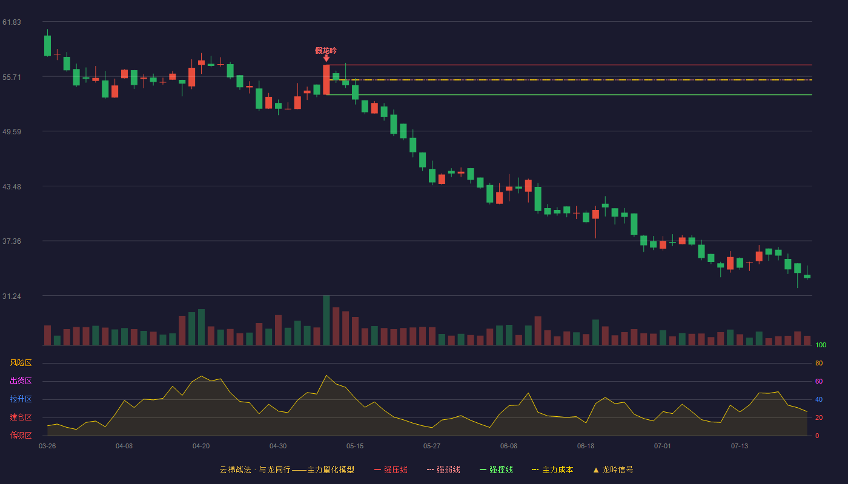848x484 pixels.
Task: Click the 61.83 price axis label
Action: point(12,22)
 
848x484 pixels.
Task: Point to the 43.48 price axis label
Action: point(12,187)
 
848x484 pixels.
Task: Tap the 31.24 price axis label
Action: point(12,296)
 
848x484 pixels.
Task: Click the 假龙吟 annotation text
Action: point(326,51)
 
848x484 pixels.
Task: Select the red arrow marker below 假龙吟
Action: point(326,59)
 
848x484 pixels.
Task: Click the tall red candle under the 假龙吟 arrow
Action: point(326,80)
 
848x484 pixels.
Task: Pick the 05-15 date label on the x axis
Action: point(355,446)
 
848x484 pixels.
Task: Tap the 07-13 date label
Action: point(740,446)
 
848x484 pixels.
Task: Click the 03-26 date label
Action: point(47,446)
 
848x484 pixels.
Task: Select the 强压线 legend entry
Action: point(391,469)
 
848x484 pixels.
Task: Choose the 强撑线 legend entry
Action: point(496,469)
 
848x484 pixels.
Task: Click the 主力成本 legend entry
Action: point(552,469)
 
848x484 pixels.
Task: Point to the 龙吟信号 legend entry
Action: point(613,469)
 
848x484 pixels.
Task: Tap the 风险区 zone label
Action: point(21,363)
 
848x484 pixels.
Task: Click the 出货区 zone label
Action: point(21,381)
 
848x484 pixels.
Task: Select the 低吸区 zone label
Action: point(21,435)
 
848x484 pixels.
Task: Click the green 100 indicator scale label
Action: point(821,345)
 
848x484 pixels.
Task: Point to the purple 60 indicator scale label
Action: point(819,381)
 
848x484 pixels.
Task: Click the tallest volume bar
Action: point(326,320)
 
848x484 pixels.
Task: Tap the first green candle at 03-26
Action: point(47,46)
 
